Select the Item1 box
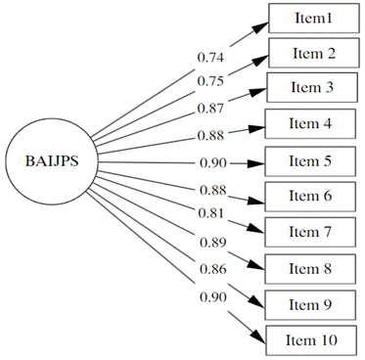(314, 18)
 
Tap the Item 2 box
(314, 52)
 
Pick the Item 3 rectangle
(314, 87)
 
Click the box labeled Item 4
(314, 123)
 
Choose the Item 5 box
(314, 159)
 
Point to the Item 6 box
(314, 196)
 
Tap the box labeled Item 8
(314, 267)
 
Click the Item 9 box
(314, 303)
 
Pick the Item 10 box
(314, 338)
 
